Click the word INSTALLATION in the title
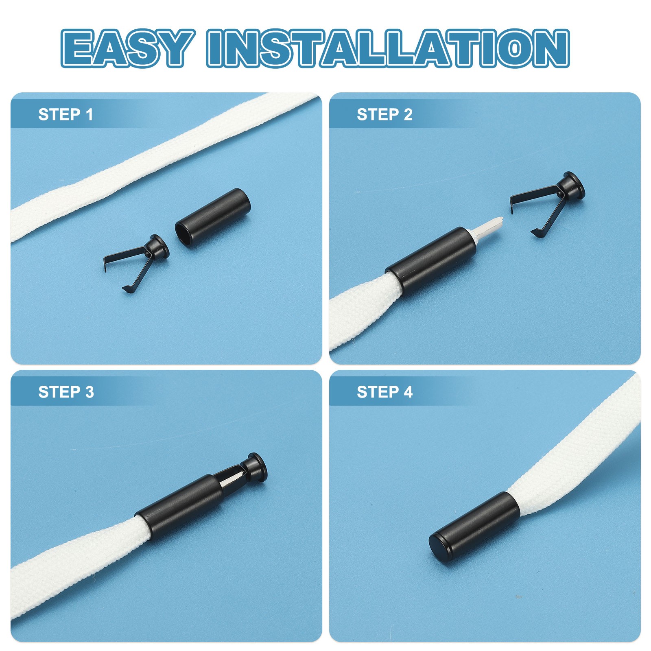(388, 48)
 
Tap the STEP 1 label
(66, 114)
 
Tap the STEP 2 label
(384, 114)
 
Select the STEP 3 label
(66, 392)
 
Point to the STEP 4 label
(384, 392)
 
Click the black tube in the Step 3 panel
(179, 507)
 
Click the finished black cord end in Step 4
(474, 525)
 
